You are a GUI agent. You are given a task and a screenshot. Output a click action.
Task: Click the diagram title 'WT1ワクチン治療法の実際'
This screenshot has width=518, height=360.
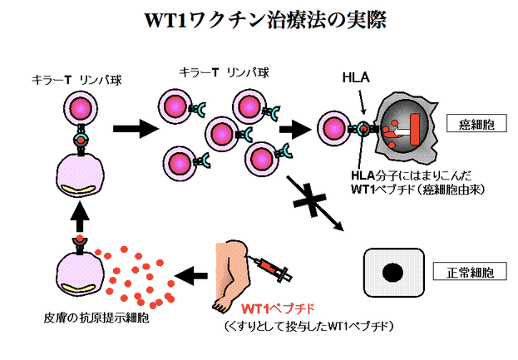(265, 21)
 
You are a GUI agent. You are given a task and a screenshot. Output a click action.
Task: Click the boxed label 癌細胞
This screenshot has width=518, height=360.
(476, 123)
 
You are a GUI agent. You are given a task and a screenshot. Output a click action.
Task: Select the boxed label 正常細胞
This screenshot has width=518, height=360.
(470, 272)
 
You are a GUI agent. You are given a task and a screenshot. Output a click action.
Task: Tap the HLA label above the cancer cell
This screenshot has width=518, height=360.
(356, 77)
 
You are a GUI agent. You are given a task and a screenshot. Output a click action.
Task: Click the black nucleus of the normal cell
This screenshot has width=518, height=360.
(392, 274)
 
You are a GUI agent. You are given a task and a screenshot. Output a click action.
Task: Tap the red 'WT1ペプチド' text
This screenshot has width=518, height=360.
(278, 309)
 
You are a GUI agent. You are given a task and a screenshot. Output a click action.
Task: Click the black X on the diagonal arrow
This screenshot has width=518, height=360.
(309, 200)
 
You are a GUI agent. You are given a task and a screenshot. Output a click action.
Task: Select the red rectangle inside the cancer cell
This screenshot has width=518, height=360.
(416, 129)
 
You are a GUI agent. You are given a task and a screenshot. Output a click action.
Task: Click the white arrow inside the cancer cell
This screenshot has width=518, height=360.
(400, 132)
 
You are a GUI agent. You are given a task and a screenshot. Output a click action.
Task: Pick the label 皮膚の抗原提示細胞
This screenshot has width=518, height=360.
(96, 318)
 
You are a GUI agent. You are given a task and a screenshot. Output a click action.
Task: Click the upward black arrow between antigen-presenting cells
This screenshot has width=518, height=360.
(80, 216)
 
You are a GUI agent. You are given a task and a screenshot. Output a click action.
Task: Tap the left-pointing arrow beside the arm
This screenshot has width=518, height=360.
(191, 275)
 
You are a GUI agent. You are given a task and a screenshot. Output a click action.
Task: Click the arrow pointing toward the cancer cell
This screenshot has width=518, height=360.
(296, 129)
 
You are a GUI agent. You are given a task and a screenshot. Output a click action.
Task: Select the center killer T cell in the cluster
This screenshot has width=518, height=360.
(222, 135)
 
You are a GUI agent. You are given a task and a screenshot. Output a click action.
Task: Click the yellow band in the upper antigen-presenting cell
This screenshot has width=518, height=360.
(79, 190)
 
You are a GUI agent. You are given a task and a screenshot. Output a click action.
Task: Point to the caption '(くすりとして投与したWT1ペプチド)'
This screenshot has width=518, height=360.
(308, 326)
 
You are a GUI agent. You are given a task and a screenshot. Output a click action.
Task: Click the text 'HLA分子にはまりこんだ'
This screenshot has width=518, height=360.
(412, 175)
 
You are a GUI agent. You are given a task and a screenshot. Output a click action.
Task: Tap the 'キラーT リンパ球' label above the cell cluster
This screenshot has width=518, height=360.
(224, 72)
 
